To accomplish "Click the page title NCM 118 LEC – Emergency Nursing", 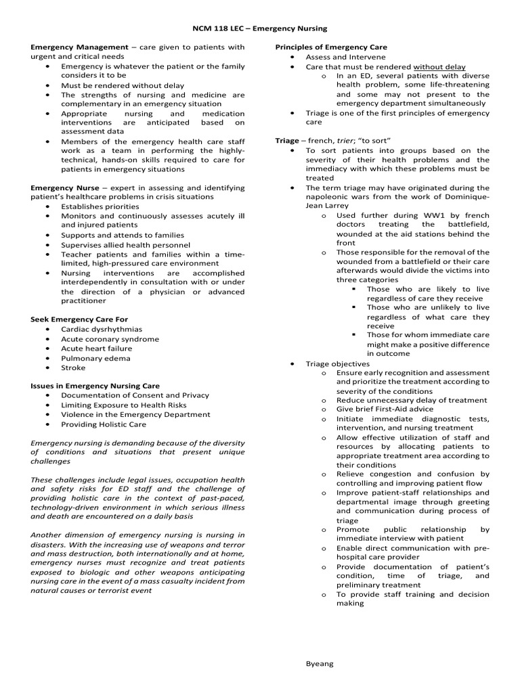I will pos(259,28).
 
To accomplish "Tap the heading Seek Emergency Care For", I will pos(79,319).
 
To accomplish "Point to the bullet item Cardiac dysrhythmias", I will pos(102,329).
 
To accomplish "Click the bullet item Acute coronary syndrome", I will pos(110,339).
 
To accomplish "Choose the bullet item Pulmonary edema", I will pos(95,358).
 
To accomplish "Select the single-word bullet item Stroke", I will pos(73,367).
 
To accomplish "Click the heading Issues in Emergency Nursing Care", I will pos(95,386).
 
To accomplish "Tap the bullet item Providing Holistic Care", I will pos(103,424).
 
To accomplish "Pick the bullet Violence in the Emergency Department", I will pos(135,414).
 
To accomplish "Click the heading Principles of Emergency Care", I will pos(330,47).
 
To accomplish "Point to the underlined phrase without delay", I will pos(439,67).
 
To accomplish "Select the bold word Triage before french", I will pos(286,140).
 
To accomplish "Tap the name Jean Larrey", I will pos(328,205).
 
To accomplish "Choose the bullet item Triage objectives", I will pos(337,363).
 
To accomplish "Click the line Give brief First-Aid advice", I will pos(385,409).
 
